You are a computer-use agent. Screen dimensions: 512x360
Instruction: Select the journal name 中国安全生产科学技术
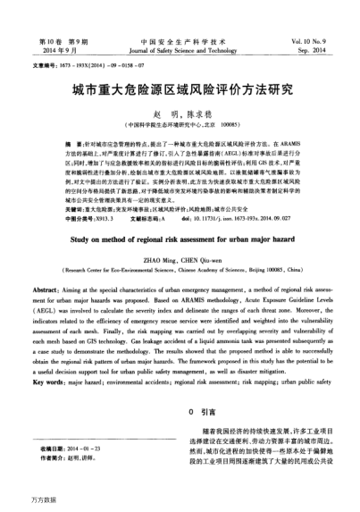click(x=179, y=42)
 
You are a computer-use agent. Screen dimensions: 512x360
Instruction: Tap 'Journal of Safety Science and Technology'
click(x=180, y=52)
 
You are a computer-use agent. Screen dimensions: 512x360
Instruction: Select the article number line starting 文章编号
click(x=80, y=65)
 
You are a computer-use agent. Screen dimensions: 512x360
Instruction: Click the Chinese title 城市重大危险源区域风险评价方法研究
click(x=180, y=90)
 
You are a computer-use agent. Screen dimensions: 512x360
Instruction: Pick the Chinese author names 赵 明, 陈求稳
click(x=180, y=113)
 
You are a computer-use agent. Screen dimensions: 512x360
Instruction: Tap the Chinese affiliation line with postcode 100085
click(x=180, y=124)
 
